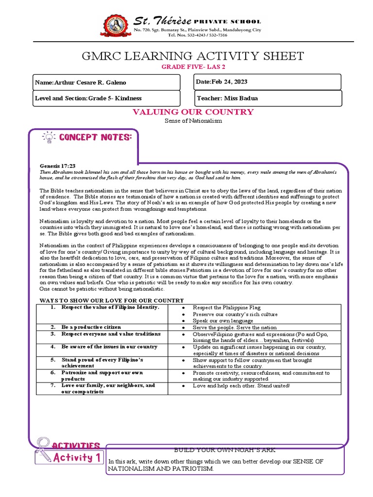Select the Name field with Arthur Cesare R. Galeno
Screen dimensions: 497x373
109,83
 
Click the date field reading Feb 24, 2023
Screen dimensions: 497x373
268,82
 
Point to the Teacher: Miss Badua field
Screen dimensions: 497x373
268,98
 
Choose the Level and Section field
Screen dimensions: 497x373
109,98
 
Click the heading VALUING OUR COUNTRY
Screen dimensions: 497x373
193,112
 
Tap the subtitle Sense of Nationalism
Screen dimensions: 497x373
193,121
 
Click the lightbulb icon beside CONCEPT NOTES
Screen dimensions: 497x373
49,137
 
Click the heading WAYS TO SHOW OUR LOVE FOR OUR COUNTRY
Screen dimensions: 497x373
111,300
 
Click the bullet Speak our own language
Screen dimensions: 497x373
222,321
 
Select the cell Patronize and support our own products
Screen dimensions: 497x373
102,376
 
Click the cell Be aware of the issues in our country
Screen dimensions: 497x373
109,347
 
